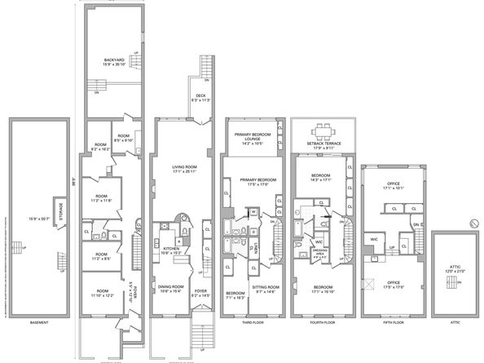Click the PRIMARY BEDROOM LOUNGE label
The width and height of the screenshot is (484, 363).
tap(252, 137)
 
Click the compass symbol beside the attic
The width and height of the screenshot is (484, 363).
tap(473, 223)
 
